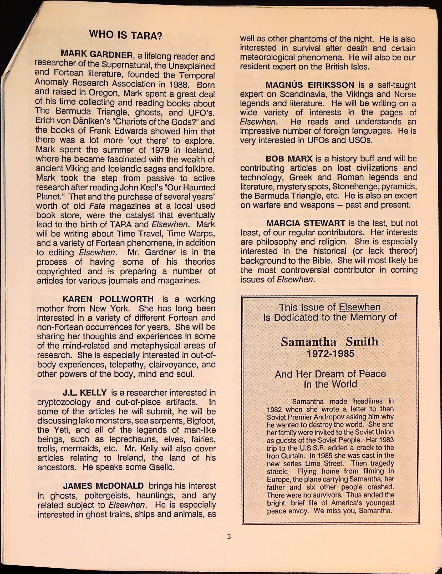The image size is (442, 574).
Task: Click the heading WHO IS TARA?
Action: pos(125,35)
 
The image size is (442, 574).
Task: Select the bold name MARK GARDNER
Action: pos(97,54)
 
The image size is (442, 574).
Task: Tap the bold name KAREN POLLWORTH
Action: pos(108,299)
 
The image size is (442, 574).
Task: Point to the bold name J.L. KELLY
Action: pos(85,393)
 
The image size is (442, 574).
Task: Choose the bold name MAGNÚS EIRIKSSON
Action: pos(310,85)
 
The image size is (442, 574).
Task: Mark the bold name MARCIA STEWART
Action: pos(306,223)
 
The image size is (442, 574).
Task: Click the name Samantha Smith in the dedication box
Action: pos(329,342)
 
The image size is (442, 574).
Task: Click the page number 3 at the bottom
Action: pos(228,536)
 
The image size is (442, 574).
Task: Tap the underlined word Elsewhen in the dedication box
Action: pos(359,307)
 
